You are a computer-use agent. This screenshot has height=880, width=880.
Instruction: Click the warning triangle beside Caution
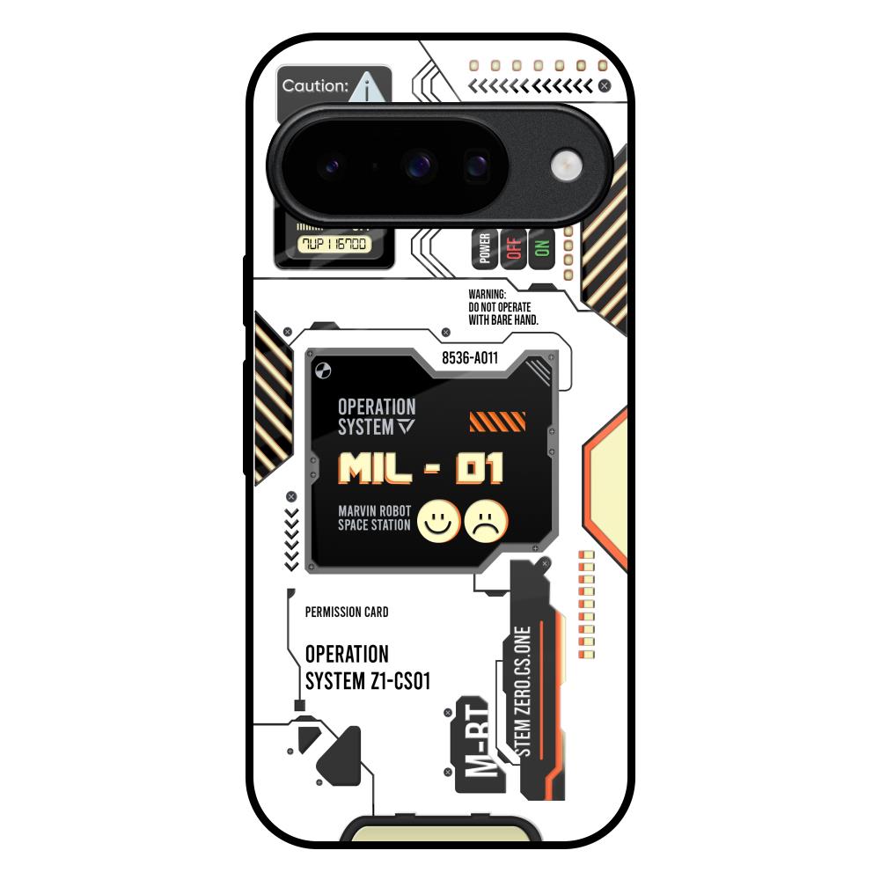click(x=372, y=88)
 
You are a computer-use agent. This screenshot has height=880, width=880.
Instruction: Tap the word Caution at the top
click(x=315, y=86)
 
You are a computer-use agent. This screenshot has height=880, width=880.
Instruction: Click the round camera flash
click(x=565, y=165)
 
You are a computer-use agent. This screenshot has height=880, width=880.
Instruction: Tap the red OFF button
click(x=514, y=249)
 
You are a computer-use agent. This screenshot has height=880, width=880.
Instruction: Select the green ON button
click(x=541, y=249)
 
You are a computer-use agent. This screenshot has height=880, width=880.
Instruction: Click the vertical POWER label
click(x=485, y=249)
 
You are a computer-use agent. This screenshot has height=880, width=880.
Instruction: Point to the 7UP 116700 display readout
click(x=334, y=244)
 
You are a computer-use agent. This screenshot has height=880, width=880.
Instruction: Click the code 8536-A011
click(x=470, y=358)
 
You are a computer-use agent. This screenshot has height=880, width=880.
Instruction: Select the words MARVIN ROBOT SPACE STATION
click(x=374, y=517)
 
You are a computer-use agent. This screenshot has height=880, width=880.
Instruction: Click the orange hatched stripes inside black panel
click(x=497, y=422)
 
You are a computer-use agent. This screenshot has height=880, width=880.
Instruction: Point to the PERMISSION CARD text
click(x=346, y=612)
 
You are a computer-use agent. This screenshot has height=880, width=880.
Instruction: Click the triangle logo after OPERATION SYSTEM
click(x=405, y=427)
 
